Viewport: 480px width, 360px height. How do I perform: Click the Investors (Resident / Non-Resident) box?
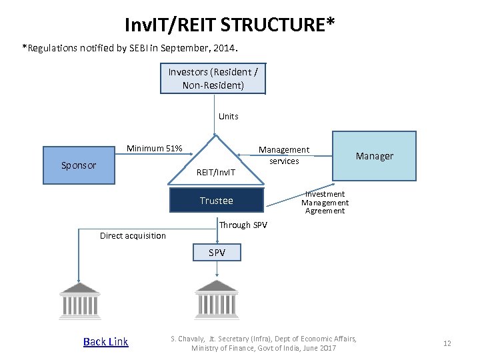click(213, 79)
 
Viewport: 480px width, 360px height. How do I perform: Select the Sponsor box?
click(79, 165)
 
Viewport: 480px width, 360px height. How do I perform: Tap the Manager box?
click(374, 156)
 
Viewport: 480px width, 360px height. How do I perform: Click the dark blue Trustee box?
click(217, 201)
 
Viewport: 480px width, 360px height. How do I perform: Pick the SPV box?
click(217, 253)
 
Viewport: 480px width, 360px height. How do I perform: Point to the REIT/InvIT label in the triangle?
click(216, 173)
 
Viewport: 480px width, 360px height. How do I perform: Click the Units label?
click(228, 117)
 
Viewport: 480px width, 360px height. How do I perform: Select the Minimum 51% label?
click(155, 148)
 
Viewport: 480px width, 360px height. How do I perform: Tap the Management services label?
click(284, 155)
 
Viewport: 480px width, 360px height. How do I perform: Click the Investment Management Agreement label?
click(325, 203)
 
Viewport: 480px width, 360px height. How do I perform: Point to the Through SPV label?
click(243, 225)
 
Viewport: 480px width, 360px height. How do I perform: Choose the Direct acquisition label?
click(133, 235)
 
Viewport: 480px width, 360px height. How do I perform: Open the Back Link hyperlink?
click(105, 342)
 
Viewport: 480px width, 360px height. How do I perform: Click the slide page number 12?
click(447, 343)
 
